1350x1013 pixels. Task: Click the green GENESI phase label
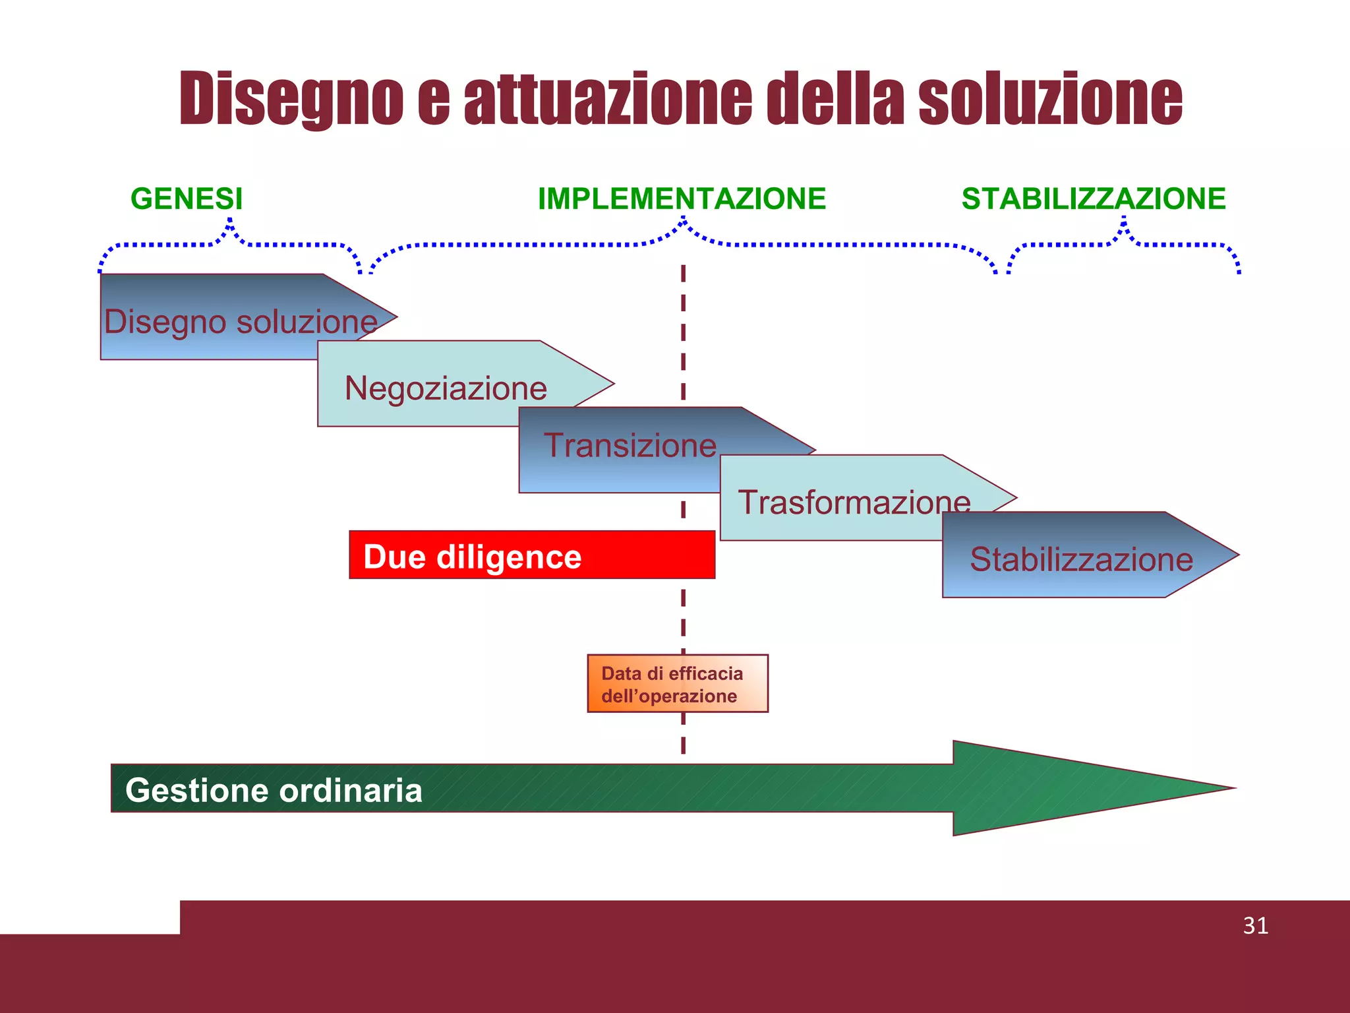click(x=187, y=199)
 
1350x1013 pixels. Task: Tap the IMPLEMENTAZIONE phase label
click(x=682, y=199)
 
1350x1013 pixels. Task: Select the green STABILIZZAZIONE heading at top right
click(x=1093, y=199)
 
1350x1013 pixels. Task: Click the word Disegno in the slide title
click(x=291, y=99)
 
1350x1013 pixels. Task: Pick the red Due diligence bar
click(x=531, y=555)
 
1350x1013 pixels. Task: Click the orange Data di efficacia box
click(x=678, y=683)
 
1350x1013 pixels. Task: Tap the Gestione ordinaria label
click(x=274, y=789)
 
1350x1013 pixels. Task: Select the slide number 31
click(x=1255, y=925)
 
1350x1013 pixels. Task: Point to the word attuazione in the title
click(x=607, y=99)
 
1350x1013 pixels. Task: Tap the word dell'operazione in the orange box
click(x=669, y=696)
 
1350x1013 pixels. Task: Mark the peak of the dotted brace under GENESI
click(x=230, y=222)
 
